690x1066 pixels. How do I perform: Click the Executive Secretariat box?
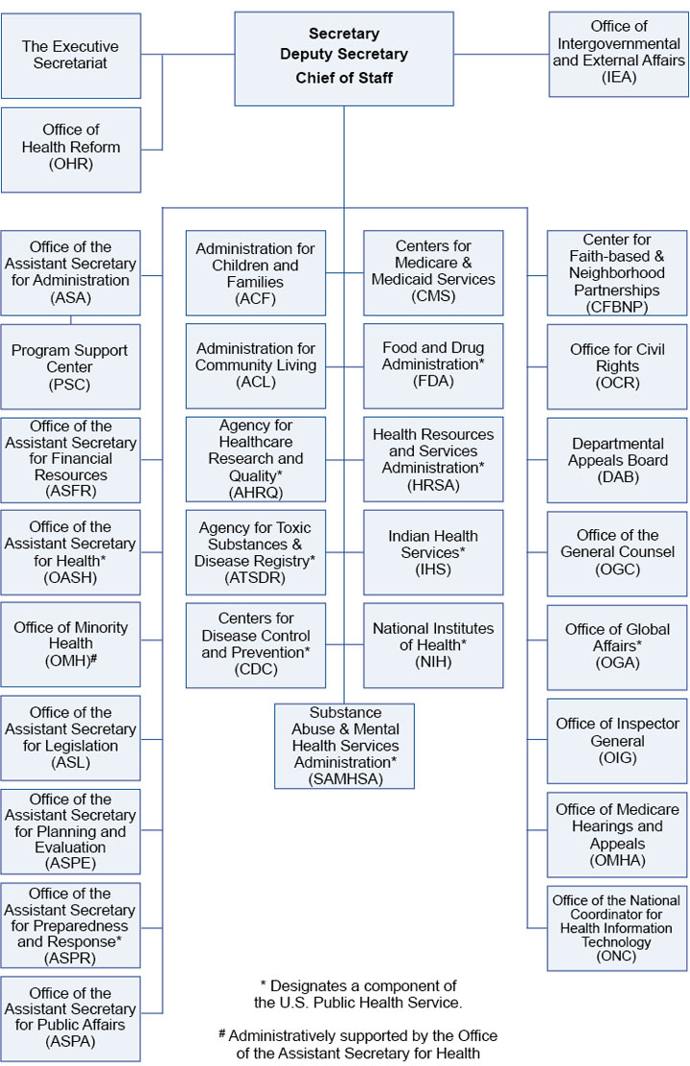[71, 56]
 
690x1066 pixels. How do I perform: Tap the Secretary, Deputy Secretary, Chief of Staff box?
[344, 58]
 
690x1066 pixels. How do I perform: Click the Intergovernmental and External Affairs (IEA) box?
[618, 55]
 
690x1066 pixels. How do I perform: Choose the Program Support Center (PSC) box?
[71, 367]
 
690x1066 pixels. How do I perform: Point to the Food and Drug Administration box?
[433, 365]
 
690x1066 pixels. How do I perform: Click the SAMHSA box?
[344, 746]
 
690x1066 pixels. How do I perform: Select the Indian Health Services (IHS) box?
[433, 553]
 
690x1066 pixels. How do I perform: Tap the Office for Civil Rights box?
[617, 367]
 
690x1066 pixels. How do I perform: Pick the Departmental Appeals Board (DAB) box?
[617, 460]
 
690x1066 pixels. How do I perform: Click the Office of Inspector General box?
[617, 741]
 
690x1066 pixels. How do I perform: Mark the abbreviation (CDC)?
[255, 670]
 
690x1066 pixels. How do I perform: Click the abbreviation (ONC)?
[616, 957]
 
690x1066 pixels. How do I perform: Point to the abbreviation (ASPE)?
[70, 864]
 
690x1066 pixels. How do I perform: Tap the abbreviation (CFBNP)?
[617, 307]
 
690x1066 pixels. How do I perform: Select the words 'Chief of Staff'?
[344, 77]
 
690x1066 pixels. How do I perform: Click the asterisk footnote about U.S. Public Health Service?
[358, 994]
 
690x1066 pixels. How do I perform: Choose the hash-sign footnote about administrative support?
[357, 1045]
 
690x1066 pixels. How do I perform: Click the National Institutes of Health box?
[433, 645]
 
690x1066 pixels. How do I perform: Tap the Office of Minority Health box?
[71, 644]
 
